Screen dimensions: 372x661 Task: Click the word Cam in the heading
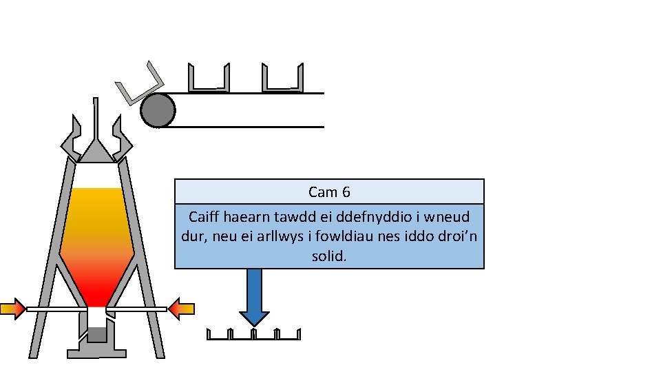coord(321,192)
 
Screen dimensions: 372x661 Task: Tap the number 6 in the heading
coord(346,192)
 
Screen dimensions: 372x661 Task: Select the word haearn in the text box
coord(244,217)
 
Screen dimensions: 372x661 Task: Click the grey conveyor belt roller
coord(158,110)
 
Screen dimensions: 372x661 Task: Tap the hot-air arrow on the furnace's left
coord(13,309)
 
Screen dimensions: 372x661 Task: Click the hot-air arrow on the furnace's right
coord(182,309)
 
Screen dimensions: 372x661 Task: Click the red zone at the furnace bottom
coord(96,293)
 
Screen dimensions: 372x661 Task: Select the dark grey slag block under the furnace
coord(96,335)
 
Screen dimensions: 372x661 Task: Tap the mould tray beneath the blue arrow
coord(253,335)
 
